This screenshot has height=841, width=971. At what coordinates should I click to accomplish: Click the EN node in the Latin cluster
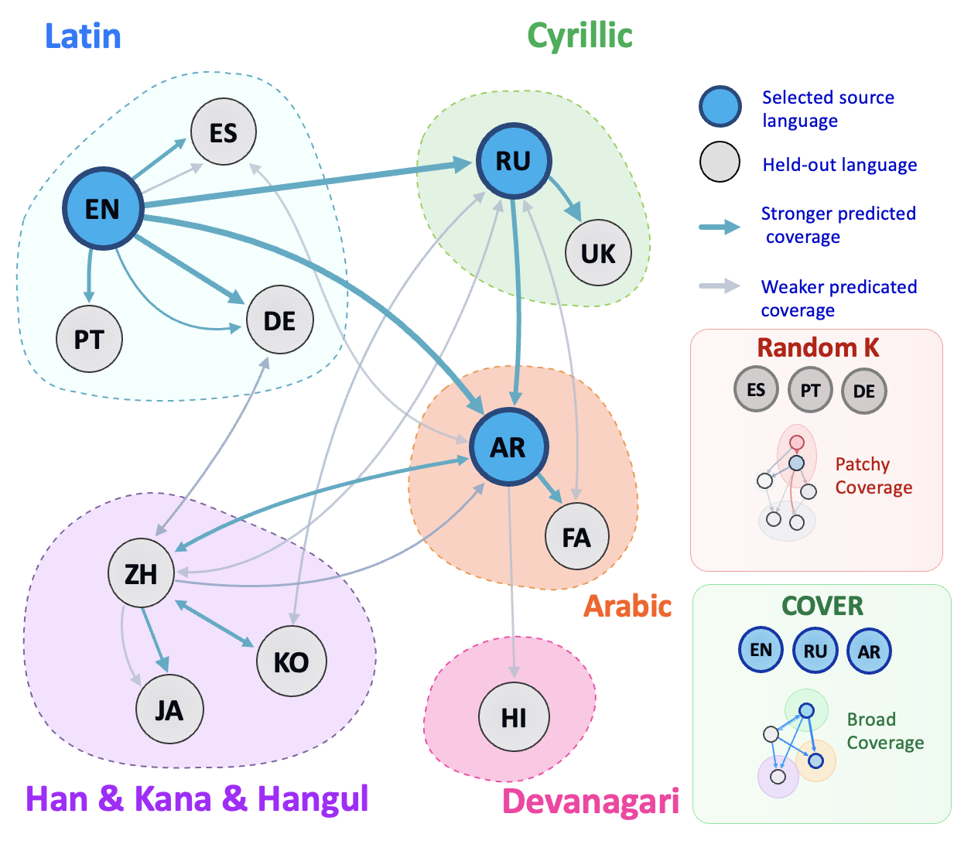tap(103, 208)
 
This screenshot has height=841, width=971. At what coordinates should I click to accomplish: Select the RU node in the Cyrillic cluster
tap(514, 161)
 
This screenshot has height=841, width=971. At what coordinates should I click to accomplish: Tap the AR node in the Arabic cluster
tap(509, 446)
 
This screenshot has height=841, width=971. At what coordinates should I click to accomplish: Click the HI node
tap(514, 717)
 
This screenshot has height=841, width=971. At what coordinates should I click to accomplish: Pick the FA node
tap(576, 536)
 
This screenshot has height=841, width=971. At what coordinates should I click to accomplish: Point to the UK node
tap(598, 253)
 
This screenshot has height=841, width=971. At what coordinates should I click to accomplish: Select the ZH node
tap(141, 573)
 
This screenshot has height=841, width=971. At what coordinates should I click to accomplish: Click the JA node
tap(169, 709)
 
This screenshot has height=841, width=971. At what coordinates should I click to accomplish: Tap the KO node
tap(291, 661)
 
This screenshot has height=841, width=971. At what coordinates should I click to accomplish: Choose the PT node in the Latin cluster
tap(89, 339)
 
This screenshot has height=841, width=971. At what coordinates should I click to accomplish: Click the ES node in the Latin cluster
tap(223, 132)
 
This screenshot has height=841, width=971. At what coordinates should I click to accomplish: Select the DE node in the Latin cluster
tap(279, 320)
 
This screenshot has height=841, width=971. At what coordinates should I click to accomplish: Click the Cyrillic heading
tap(580, 36)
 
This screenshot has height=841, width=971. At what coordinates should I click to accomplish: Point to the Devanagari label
tap(590, 801)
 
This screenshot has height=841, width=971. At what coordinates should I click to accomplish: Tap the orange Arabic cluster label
tap(627, 606)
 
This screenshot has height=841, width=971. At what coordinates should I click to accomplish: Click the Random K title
tap(818, 347)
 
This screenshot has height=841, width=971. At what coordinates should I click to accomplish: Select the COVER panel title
tap(822, 606)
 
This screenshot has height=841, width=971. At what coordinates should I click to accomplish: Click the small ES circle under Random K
tap(756, 389)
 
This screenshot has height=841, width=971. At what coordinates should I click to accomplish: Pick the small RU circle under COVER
tap(815, 651)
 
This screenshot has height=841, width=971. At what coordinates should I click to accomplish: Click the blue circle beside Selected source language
tap(720, 107)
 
